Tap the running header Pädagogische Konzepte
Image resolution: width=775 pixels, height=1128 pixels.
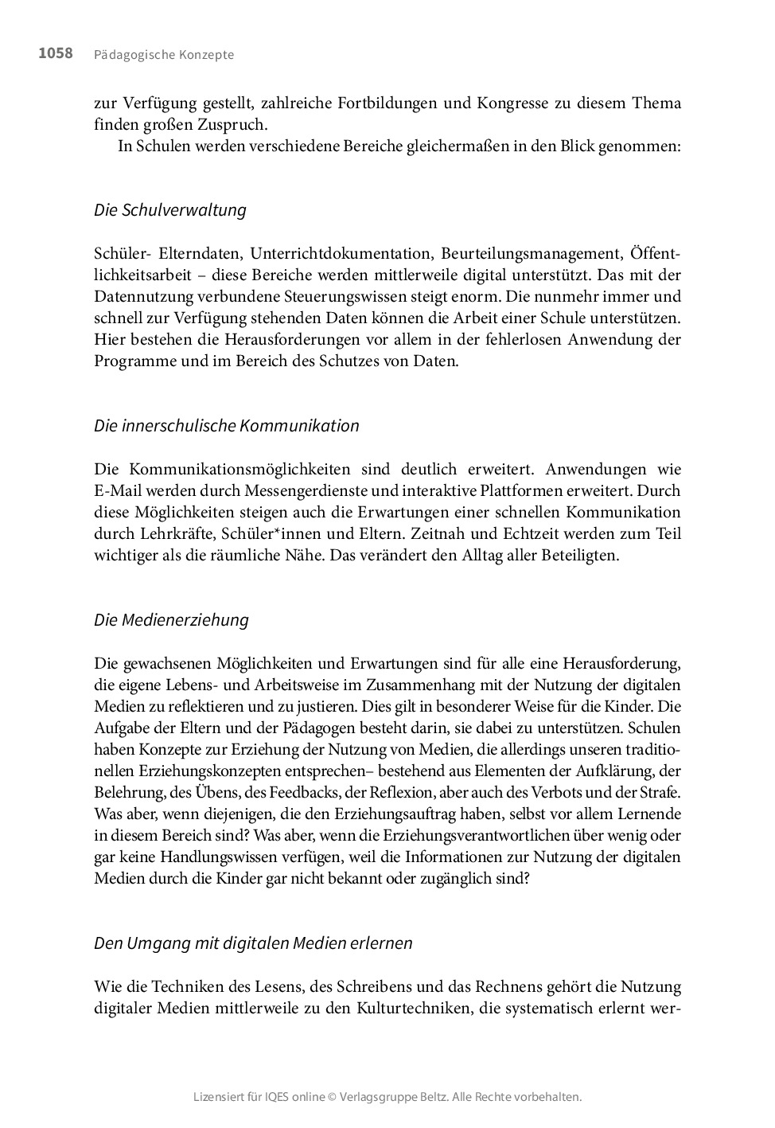164,55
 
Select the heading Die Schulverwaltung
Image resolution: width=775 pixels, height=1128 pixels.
170,210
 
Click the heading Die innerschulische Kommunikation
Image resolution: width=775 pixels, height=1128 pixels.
227,426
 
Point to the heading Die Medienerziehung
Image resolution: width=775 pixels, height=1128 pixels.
171,620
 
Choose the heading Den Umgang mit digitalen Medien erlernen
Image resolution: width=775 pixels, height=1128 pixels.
253,943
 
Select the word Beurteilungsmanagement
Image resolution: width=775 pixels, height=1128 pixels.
531,254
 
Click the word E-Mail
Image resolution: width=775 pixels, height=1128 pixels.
116,491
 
